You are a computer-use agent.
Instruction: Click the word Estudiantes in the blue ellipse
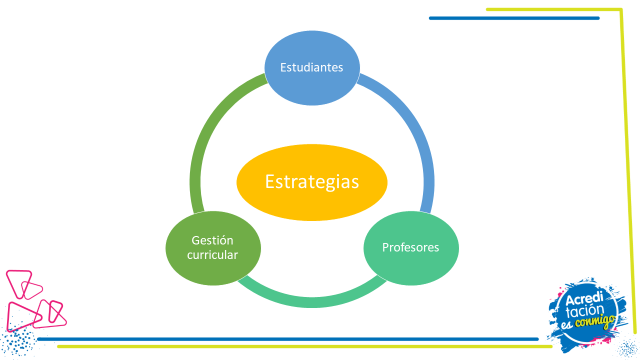click(x=311, y=67)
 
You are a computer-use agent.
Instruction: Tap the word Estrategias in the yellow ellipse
click(x=312, y=182)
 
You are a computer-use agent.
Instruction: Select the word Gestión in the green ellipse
click(x=212, y=240)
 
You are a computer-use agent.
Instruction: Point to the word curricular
click(x=212, y=255)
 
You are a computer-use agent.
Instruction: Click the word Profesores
click(x=410, y=247)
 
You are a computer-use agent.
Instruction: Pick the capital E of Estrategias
click(x=270, y=181)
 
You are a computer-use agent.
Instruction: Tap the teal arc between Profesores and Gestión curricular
click(x=312, y=302)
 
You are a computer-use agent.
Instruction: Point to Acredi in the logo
click(x=584, y=299)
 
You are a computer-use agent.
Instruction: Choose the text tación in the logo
click(x=584, y=310)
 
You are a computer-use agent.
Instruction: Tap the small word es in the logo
click(x=567, y=324)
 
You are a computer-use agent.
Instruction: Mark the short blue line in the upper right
click(x=514, y=18)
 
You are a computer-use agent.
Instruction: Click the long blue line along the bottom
click(x=288, y=339)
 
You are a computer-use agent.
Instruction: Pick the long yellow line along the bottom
click(x=305, y=346)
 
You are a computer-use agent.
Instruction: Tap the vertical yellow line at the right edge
click(x=627, y=171)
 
